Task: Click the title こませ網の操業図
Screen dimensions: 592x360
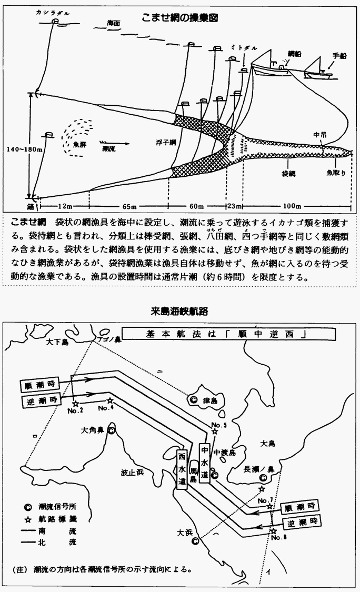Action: pyautogui.click(x=180, y=17)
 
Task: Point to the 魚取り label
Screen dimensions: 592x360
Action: pyautogui.click(x=336, y=172)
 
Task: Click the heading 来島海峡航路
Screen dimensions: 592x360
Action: pyautogui.click(x=179, y=312)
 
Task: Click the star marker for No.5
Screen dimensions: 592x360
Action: pyautogui.click(x=214, y=432)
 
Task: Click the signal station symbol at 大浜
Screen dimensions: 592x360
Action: pyautogui.click(x=195, y=540)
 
